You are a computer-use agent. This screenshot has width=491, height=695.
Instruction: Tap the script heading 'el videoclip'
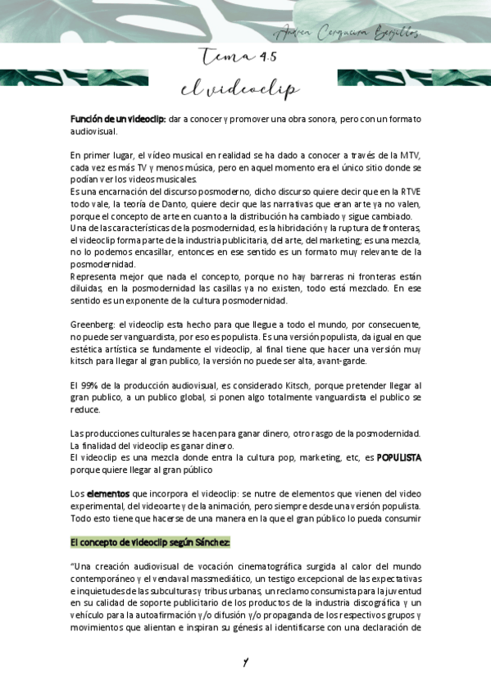tap(240, 89)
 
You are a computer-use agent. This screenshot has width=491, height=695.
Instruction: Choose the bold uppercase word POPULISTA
tap(398, 458)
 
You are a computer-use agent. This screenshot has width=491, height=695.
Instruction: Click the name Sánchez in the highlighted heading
tap(211, 543)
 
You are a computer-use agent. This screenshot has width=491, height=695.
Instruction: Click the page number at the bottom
tap(244, 661)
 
